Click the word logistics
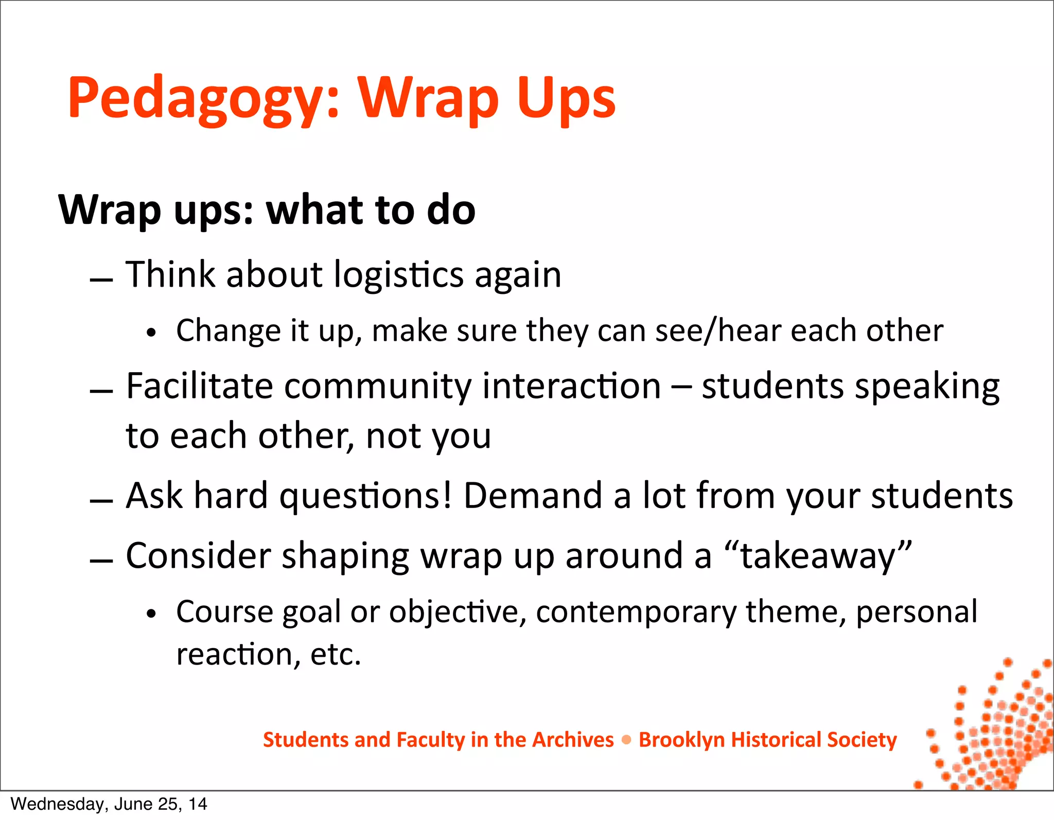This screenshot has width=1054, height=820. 399,275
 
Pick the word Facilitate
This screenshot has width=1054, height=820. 199,386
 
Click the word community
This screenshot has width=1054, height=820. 377,387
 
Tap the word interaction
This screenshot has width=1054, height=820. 571,386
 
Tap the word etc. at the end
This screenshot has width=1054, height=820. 336,655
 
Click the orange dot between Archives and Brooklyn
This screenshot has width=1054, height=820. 626,740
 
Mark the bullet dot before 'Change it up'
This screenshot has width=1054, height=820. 151,333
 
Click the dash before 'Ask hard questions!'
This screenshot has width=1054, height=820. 101,501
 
